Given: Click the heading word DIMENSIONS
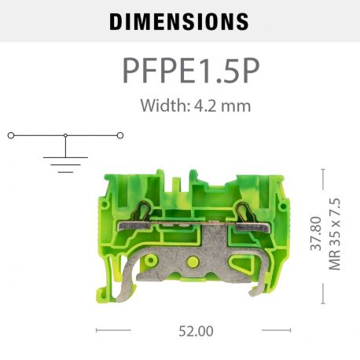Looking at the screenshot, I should [x=179, y=21].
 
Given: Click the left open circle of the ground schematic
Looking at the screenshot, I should [x=10, y=135].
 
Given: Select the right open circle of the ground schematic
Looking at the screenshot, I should [x=120, y=135].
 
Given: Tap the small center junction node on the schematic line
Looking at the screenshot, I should [x=65, y=135].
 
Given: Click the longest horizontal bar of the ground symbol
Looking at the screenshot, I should [x=65, y=157].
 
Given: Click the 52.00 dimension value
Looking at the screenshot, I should [x=195, y=331].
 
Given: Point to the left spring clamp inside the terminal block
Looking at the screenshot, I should [x=147, y=211].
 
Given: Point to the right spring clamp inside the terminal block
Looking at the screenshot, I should [x=244, y=211].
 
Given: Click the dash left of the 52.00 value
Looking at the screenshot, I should [x=107, y=331].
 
